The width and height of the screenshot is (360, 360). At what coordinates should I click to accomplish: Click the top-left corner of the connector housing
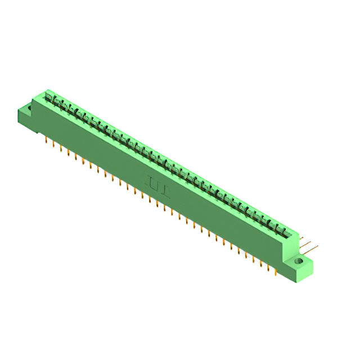(47, 91)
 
